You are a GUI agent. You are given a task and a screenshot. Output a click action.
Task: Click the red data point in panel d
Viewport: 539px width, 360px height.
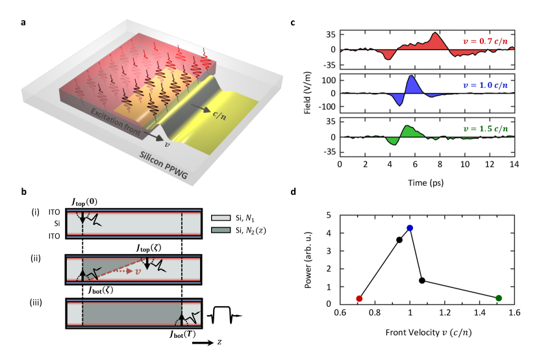[359, 298]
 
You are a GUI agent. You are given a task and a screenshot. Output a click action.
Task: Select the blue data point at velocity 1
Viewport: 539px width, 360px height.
[410, 228]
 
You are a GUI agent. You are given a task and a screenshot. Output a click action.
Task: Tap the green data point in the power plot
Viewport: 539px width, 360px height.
[498, 298]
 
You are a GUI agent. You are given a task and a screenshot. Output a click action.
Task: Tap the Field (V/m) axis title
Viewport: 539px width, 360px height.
[314, 94]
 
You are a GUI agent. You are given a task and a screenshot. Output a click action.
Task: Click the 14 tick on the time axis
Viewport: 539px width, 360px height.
[514, 164]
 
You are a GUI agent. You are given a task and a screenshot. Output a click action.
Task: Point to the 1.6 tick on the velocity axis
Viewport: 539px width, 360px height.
[514, 313]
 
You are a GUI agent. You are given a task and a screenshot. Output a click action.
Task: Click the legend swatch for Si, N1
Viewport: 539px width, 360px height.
[219, 214]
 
